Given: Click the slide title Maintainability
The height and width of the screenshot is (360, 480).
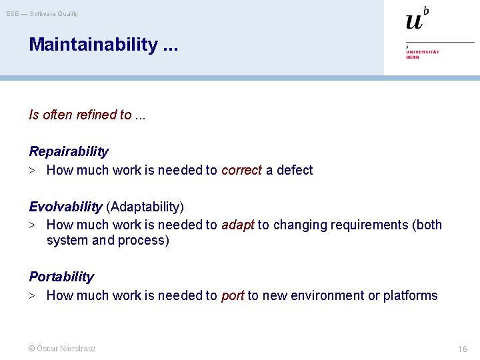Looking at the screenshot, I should (x=93, y=45).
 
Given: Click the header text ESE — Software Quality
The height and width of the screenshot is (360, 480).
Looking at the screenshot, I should (x=42, y=13).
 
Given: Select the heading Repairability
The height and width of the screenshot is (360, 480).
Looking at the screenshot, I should (x=68, y=151).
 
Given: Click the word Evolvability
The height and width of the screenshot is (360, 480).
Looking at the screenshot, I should (x=65, y=207).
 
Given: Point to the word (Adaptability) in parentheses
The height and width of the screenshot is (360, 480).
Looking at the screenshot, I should (x=145, y=207).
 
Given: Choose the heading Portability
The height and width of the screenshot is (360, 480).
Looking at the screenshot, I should (x=61, y=277).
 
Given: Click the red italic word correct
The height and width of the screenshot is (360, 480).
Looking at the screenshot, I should (x=241, y=170).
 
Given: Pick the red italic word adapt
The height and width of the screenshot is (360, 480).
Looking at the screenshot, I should (x=237, y=225).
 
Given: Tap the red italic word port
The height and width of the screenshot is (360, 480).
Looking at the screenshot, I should (x=232, y=295).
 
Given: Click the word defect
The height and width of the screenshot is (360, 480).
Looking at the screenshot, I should (x=294, y=170).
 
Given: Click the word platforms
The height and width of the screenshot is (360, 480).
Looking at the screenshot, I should (x=410, y=295).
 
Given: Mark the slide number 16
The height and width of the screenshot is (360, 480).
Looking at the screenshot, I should (x=462, y=349).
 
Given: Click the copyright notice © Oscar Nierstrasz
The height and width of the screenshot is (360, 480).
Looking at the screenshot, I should (x=62, y=349).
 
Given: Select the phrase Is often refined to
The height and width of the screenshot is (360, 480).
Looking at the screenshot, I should (x=80, y=115).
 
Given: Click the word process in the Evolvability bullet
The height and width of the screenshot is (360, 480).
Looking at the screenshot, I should (x=143, y=240).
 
